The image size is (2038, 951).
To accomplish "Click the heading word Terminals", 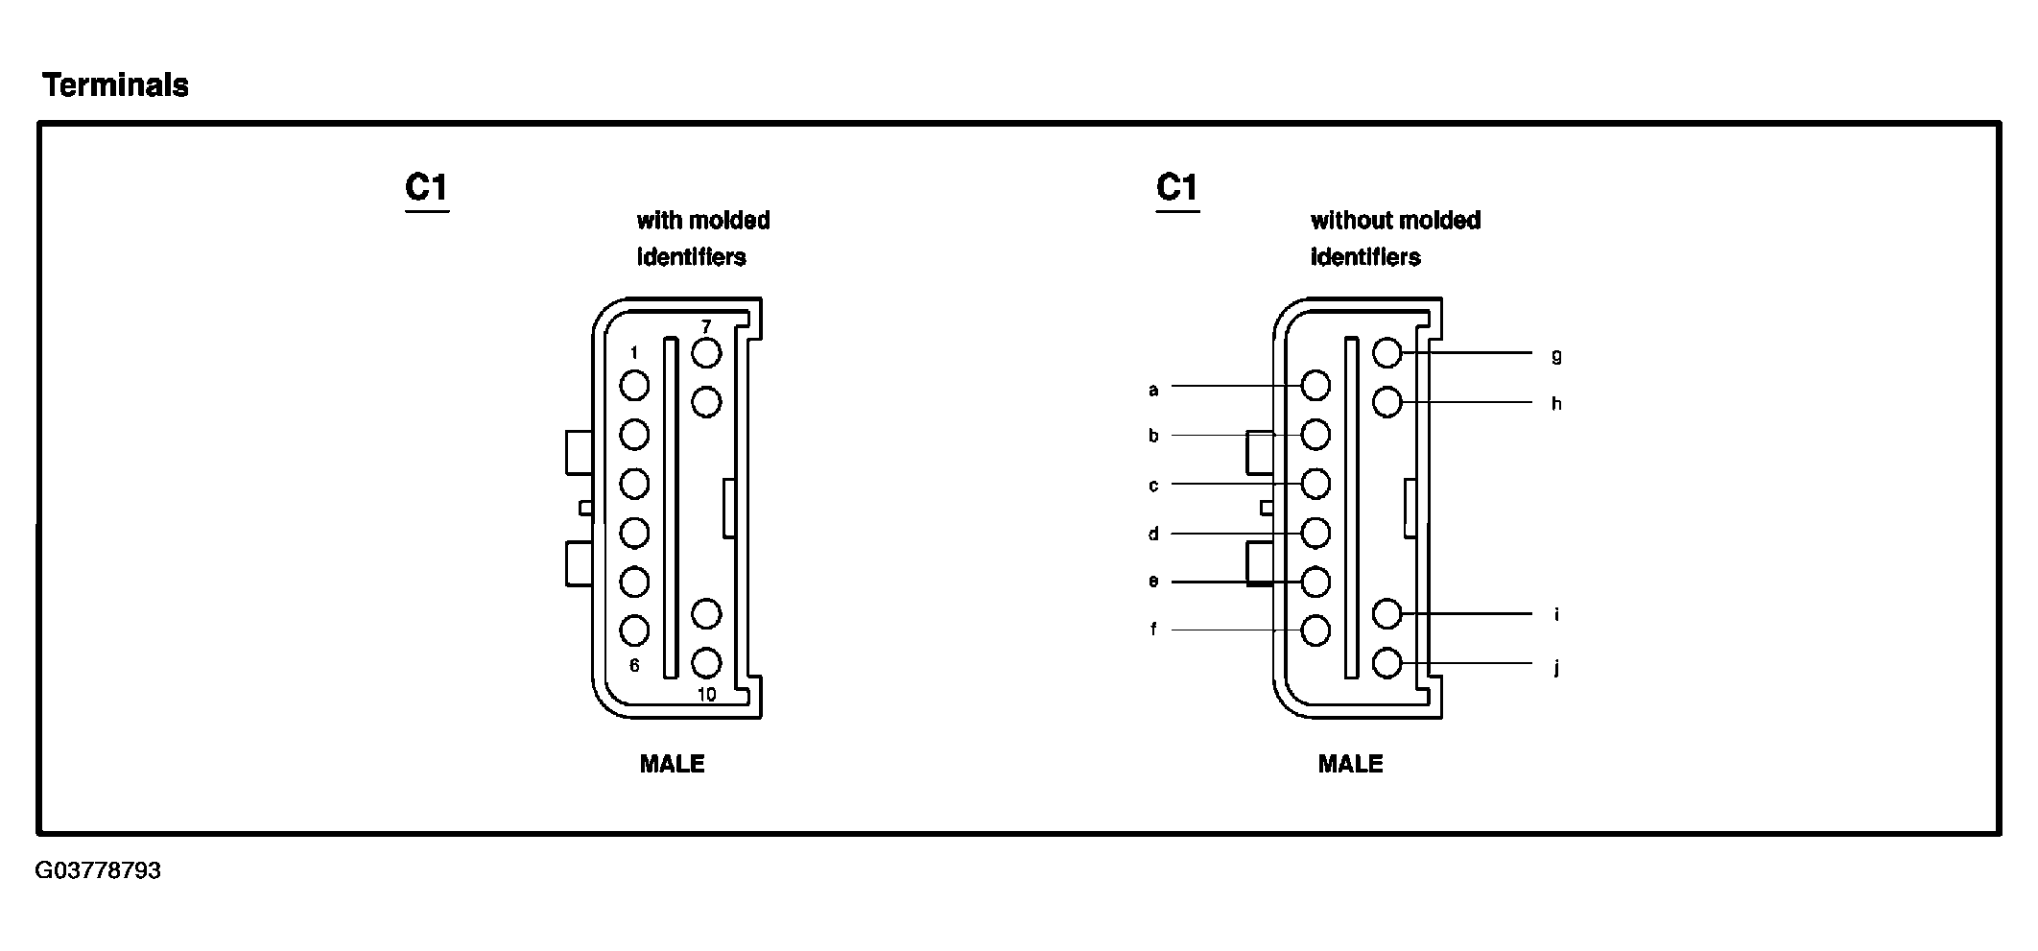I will pos(115,85).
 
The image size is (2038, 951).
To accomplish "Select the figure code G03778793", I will pos(98,871).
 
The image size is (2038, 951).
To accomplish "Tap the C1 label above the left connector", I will pos(427,187).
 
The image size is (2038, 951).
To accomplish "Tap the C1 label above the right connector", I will pos(1177,187).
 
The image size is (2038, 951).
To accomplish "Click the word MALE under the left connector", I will pos(672,764).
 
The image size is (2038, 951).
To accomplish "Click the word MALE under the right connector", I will pos(1350,764).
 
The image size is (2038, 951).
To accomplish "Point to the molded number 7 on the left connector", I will pos(706,327).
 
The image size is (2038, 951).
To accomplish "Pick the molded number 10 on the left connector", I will pos(706,695).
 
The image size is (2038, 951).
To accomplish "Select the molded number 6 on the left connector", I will pos(633,665).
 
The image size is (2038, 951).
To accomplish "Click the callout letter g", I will pos(1556,356).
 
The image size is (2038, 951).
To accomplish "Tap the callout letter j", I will pos(1556,667).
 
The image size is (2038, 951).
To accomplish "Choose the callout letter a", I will pos(1153,390).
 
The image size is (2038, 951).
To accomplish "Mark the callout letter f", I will pos(1153,630).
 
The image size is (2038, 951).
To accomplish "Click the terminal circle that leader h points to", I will pos(1387,402).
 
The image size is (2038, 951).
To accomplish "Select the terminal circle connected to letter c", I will pos(1315,484).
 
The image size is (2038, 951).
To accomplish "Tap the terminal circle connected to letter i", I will pos(1387,613).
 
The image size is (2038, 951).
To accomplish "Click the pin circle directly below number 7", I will pos(706,353).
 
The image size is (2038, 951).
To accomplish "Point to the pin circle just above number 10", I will pos(706,662).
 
